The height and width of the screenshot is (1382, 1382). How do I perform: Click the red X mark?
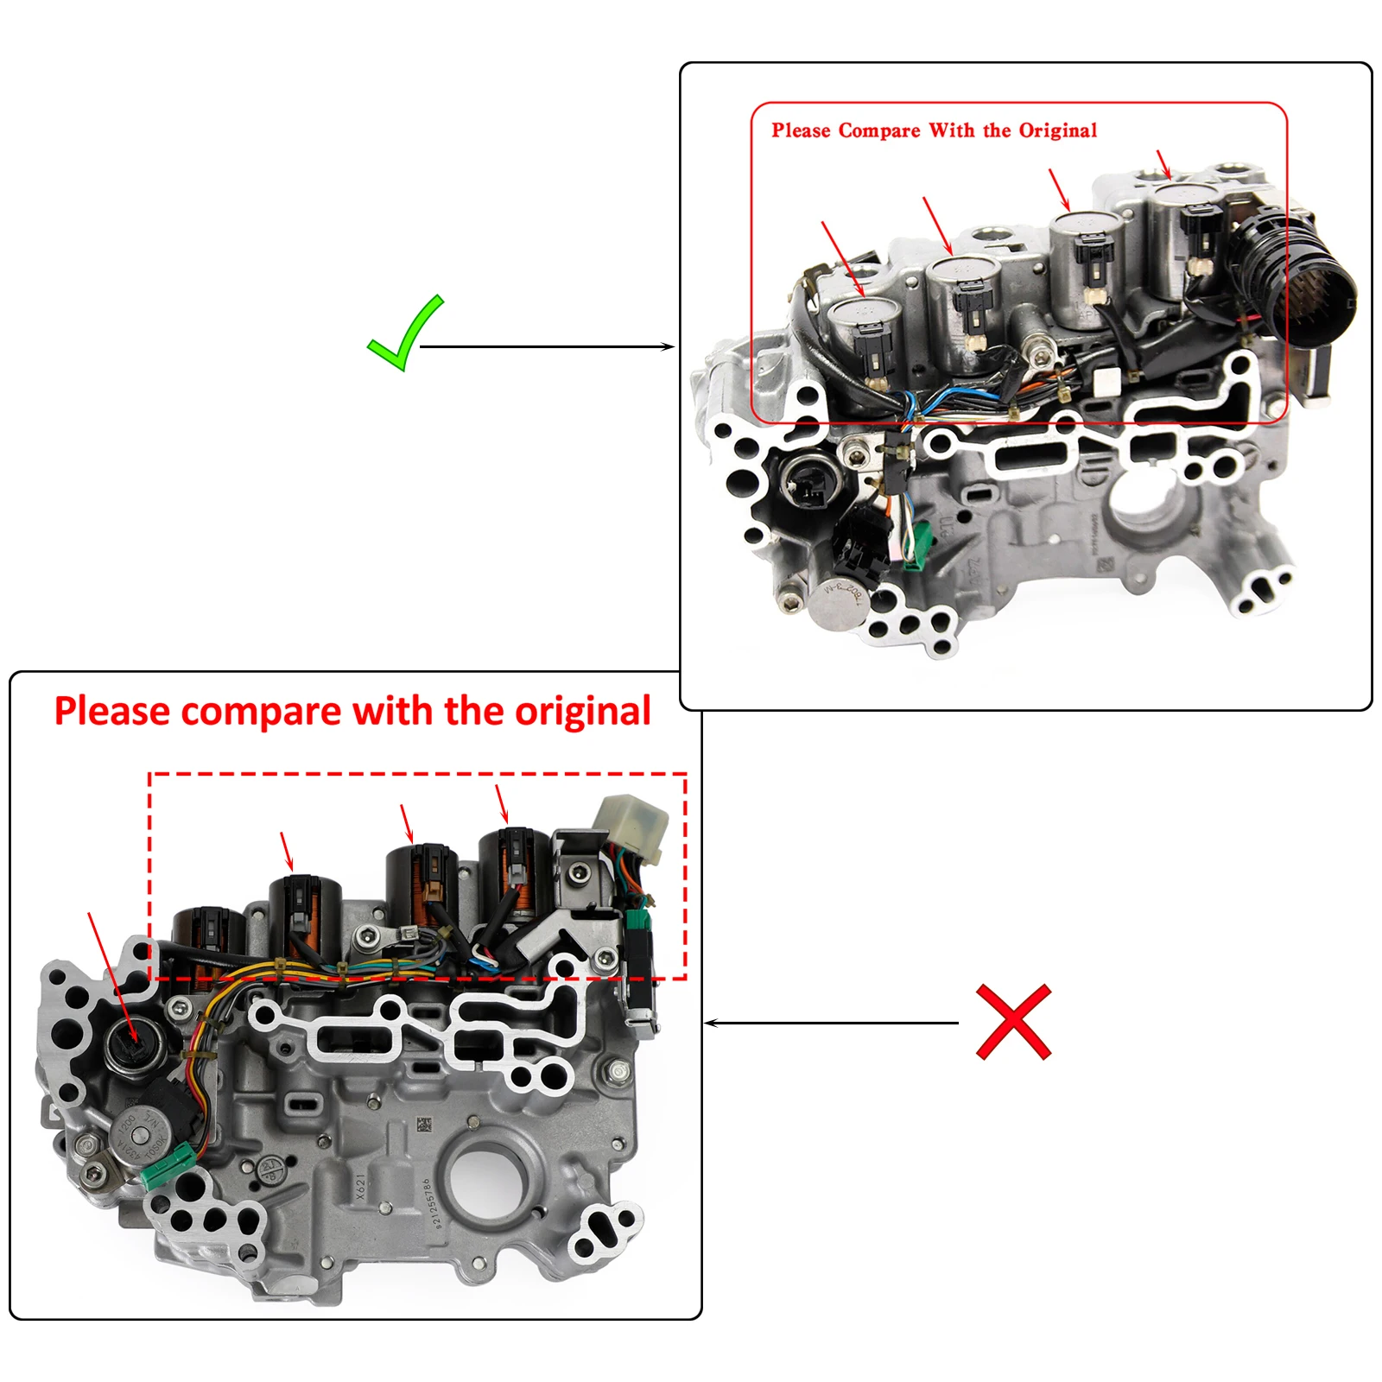(1013, 1022)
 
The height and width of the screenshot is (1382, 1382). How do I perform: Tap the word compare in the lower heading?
(261, 712)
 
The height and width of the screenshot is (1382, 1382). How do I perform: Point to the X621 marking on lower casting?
(361, 1186)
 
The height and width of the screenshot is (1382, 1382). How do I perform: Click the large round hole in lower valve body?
(485, 1179)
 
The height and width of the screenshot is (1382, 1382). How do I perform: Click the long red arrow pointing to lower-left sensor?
(112, 976)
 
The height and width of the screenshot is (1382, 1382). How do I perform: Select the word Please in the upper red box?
(800, 130)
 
